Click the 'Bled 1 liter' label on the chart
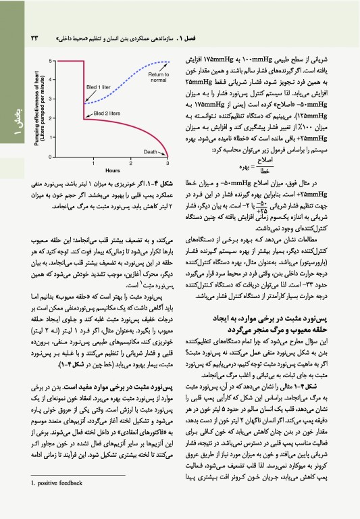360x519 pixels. [97, 88]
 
